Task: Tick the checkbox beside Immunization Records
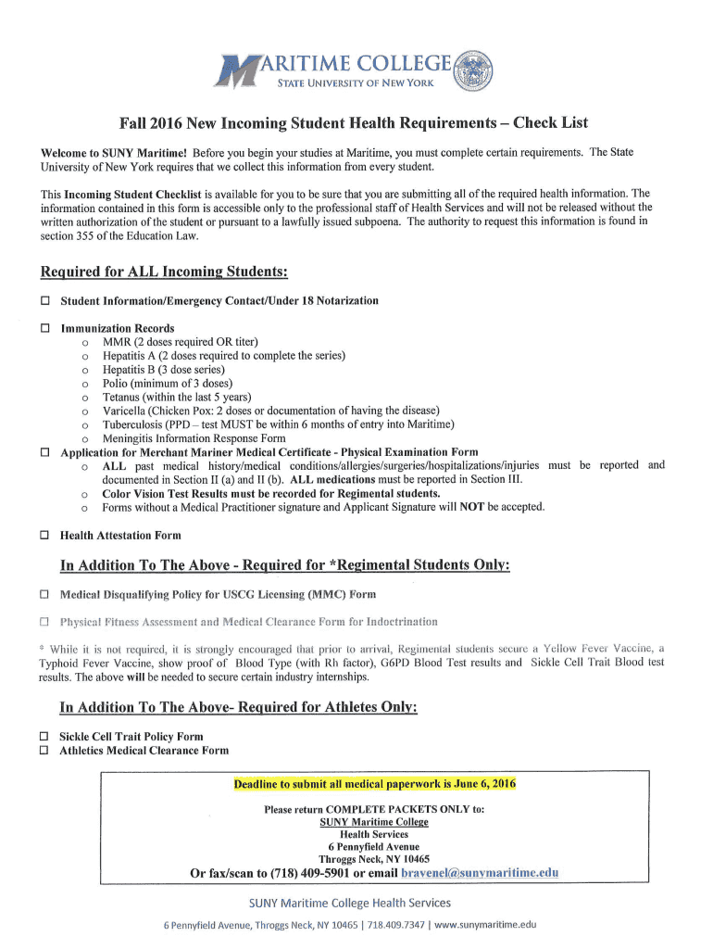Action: pyautogui.click(x=44, y=329)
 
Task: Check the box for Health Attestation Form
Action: pyautogui.click(x=44, y=536)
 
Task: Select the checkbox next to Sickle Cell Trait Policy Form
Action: pyautogui.click(x=44, y=737)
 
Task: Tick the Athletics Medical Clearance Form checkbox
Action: pyautogui.click(x=44, y=751)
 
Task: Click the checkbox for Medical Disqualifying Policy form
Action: pyautogui.click(x=44, y=594)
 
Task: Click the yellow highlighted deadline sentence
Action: pyautogui.click(x=374, y=784)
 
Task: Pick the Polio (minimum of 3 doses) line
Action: pyautogui.click(x=167, y=384)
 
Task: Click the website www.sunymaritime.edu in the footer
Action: pyautogui.click(x=485, y=925)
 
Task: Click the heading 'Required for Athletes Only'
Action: pyautogui.click(x=239, y=708)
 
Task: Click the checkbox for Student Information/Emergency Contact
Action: pyautogui.click(x=44, y=301)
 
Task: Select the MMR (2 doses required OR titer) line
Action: pyautogui.click(x=180, y=342)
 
